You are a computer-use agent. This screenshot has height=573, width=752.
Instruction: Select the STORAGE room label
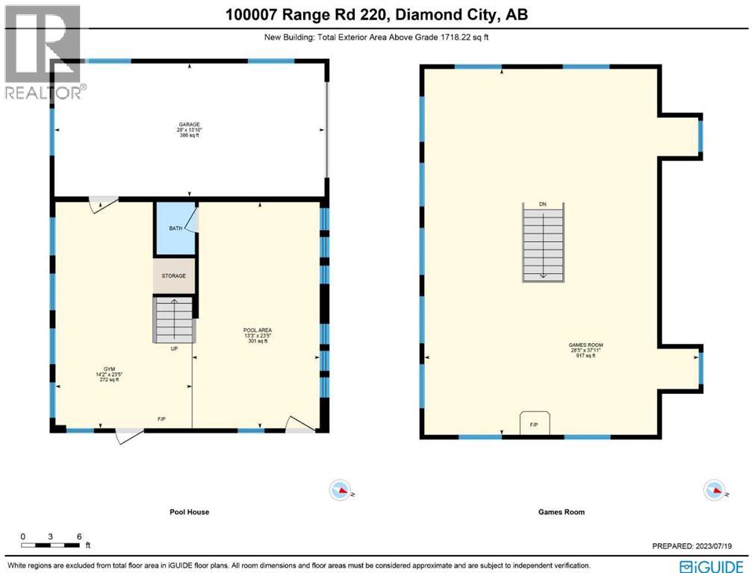[174, 276]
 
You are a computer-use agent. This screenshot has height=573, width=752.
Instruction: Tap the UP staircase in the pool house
[175, 319]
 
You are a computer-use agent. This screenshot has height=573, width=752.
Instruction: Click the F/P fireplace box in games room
[534, 422]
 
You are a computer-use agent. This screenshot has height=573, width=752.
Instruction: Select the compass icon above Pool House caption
[341, 490]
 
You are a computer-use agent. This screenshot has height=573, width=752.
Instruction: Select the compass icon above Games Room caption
[715, 490]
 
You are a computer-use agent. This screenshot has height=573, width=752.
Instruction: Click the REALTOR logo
[43, 52]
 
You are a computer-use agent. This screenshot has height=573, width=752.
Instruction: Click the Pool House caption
[188, 513]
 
